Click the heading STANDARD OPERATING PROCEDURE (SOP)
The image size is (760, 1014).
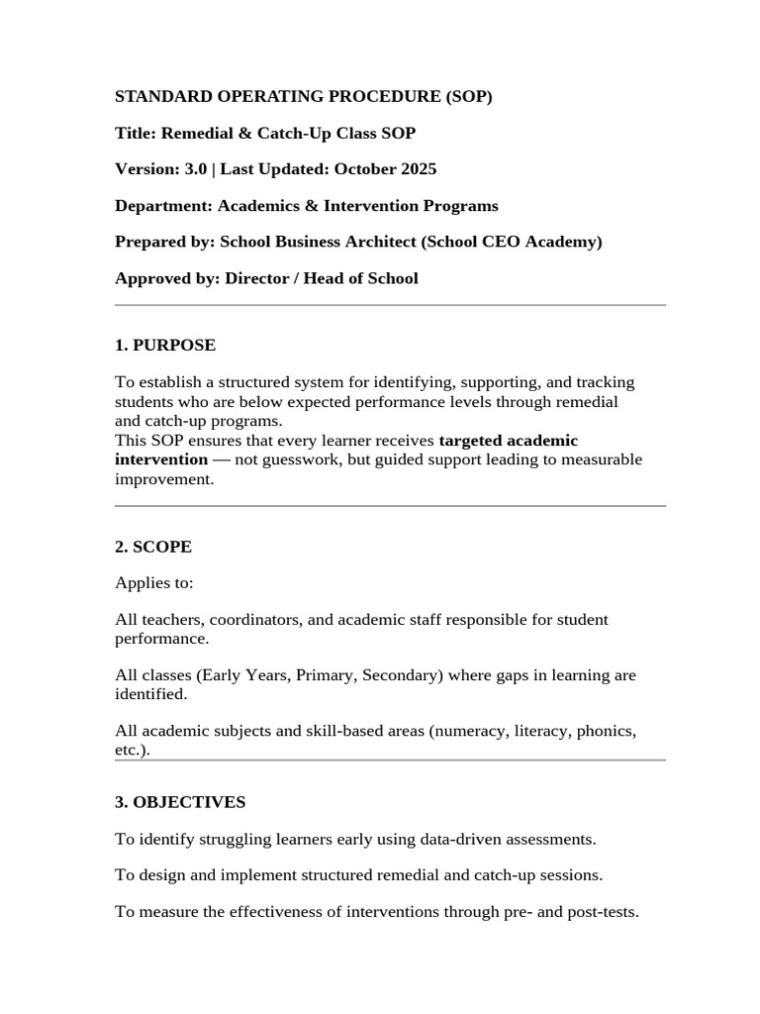pyautogui.click(x=303, y=97)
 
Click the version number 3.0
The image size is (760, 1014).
pyautogui.click(x=195, y=169)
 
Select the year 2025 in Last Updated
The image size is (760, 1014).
pyautogui.click(x=419, y=169)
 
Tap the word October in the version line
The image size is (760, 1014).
pyautogui.click(x=365, y=169)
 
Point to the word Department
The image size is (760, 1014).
pyautogui.click(x=161, y=206)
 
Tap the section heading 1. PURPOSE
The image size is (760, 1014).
pyautogui.click(x=165, y=346)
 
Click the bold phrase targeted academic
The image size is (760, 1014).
pyautogui.click(x=508, y=440)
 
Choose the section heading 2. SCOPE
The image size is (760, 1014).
pyautogui.click(x=153, y=547)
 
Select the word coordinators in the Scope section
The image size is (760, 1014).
pyautogui.click(x=250, y=620)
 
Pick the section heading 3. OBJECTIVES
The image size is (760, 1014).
pyautogui.click(x=180, y=802)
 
